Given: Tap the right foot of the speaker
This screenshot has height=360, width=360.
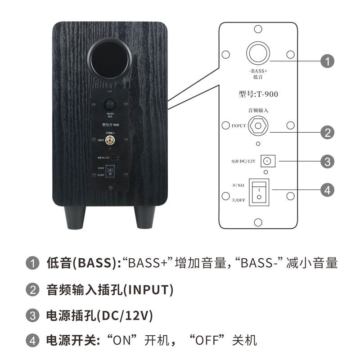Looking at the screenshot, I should point(145,218).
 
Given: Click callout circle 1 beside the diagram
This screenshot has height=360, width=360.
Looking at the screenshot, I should point(327,61).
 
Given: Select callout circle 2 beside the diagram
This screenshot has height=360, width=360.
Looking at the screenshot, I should point(327,132).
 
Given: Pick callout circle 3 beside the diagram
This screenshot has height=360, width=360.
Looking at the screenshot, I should point(327,161).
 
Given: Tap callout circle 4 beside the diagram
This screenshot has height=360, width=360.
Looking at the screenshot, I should point(327,190).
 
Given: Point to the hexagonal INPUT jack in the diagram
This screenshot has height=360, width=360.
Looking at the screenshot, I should point(258,126).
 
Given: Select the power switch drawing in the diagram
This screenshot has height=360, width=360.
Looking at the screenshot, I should point(259,192).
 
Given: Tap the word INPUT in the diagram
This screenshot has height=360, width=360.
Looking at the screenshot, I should point(238,126).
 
